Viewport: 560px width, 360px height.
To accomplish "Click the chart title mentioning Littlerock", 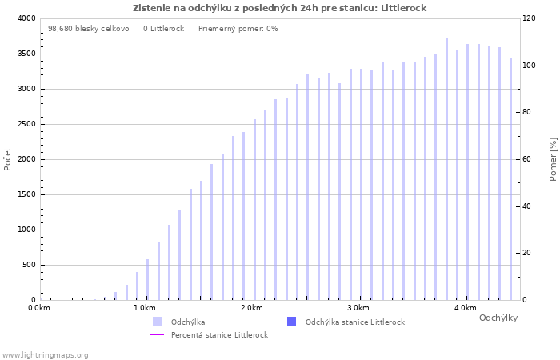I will (279, 8).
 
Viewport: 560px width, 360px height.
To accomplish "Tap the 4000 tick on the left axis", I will (26, 18).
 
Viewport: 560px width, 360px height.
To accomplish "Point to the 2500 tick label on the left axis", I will (26, 124).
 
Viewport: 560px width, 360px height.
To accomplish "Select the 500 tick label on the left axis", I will (29, 265).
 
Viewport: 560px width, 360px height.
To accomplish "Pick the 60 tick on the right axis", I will (528, 159).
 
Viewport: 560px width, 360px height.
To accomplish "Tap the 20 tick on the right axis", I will (528, 253).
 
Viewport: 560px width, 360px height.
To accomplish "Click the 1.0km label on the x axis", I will (145, 308).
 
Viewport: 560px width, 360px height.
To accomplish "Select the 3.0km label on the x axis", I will (358, 308).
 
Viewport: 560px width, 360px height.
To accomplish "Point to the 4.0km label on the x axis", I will (465, 308).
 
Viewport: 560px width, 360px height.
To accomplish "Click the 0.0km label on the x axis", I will (39, 308).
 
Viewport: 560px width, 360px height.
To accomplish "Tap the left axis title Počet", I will (8, 158).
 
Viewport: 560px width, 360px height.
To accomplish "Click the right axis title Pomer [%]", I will (553, 158).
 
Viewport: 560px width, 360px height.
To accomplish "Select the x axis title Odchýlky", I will (498, 318).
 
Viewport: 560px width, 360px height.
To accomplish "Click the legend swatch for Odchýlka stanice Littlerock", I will (291, 322).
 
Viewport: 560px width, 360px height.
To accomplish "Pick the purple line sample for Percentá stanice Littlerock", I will (157, 334).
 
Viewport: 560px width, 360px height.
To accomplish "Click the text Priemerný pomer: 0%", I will (238, 28).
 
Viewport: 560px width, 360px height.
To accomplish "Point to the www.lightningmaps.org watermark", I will (45, 354).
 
